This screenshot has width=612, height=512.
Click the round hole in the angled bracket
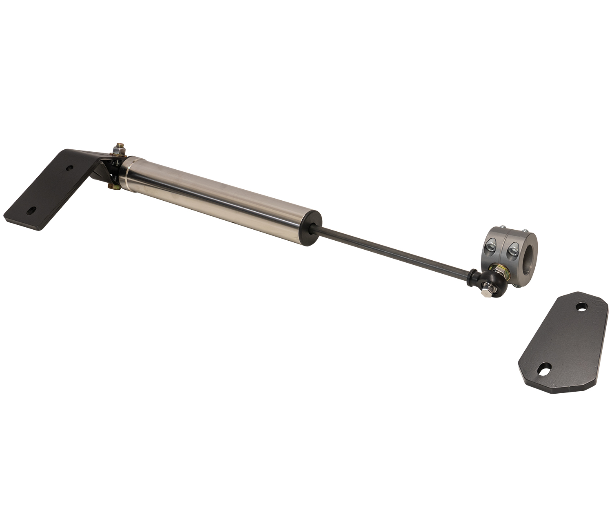tap(70, 168)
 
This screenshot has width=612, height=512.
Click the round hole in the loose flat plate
tap(581, 306)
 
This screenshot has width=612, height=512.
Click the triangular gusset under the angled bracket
tap(100, 173)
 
